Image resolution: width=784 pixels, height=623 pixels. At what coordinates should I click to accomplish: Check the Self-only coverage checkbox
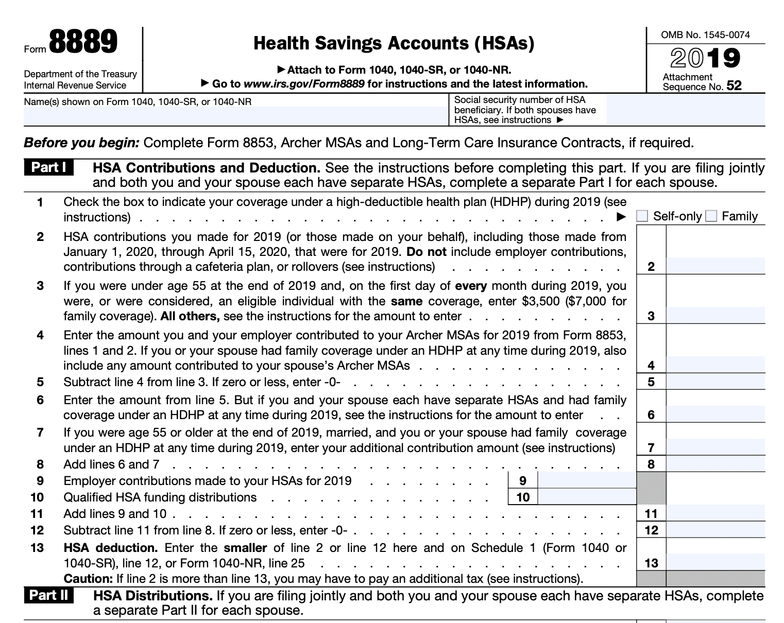click(x=642, y=216)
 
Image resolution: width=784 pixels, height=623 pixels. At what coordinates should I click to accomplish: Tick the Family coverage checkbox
click(x=711, y=216)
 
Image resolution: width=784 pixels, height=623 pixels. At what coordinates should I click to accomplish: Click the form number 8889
click(x=83, y=43)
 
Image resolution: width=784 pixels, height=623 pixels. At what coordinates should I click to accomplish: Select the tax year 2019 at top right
click(x=705, y=58)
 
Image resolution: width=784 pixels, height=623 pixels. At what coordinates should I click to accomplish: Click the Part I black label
click(x=48, y=168)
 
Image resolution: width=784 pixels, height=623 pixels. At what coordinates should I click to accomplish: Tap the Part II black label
click(x=49, y=596)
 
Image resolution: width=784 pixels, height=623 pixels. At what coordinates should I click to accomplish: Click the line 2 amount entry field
click(x=715, y=266)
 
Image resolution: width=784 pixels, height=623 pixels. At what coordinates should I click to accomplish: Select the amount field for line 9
click(x=587, y=481)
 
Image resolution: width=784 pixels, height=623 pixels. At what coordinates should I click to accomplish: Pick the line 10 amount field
click(x=587, y=497)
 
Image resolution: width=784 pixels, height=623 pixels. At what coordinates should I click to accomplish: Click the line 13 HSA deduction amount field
click(x=715, y=563)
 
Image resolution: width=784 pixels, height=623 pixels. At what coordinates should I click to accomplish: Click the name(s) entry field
click(x=236, y=116)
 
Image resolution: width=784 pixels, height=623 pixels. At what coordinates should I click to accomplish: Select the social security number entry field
click(x=686, y=110)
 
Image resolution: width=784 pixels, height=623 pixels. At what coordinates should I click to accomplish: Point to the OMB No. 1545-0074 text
click(x=705, y=35)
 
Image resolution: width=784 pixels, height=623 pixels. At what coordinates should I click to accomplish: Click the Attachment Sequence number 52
click(x=734, y=86)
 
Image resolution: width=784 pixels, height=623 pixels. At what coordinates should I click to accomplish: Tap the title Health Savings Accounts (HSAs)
click(x=394, y=43)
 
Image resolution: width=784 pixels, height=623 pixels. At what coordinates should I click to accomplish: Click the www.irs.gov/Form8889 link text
click(x=304, y=84)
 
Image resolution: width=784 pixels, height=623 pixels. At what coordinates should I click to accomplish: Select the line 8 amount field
click(x=715, y=464)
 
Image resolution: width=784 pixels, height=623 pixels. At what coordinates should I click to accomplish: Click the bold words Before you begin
click(x=81, y=143)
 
